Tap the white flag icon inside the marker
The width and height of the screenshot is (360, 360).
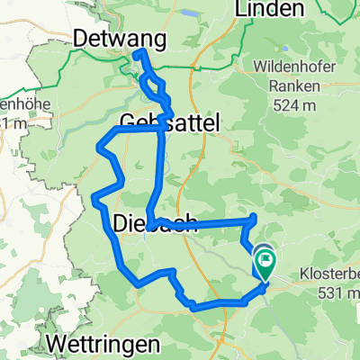click(x=266, y=262)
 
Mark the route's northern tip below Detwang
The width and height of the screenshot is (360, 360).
click(x=139, y=54)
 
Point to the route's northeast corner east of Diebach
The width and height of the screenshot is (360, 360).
click(x=256, y=217)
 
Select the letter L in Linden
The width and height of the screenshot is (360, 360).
click(x=239, y=9)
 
